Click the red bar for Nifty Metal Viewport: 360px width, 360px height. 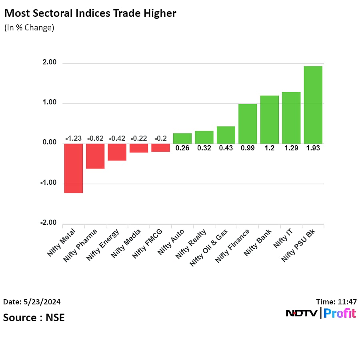74,168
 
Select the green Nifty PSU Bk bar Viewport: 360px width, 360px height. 313,105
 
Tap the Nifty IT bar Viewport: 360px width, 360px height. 291,118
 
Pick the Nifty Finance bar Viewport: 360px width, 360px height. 248,124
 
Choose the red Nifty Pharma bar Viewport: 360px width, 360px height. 95,156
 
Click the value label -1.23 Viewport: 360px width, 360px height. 74,138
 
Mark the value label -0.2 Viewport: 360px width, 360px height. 160,138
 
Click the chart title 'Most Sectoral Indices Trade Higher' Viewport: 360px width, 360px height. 90,13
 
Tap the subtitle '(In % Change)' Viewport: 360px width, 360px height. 29,28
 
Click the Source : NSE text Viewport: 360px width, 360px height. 34,318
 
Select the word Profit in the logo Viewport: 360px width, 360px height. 340,313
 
